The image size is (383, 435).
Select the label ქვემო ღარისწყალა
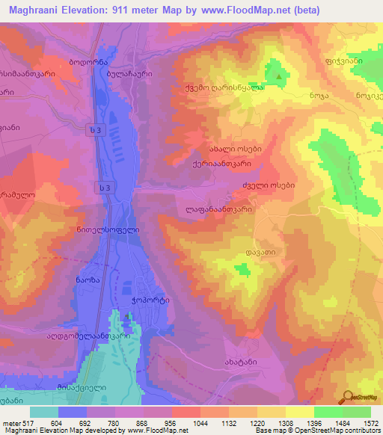(x=235, y=87)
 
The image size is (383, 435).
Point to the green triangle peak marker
(x=279, y=75)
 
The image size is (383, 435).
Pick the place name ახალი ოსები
(x=235, y=148)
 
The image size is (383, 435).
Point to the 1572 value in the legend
(x=364, y=423)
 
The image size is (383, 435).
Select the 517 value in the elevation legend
(x=28, y=423)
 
